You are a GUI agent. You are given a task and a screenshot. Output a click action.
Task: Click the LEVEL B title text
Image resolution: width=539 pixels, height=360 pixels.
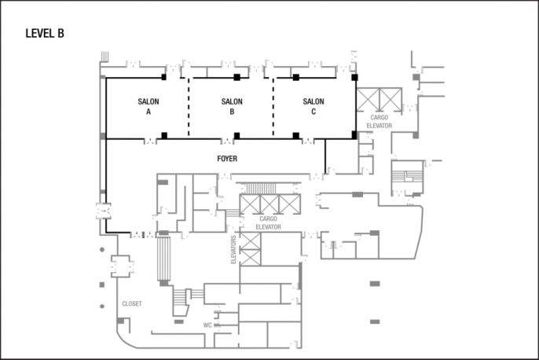click(x=45, y=33)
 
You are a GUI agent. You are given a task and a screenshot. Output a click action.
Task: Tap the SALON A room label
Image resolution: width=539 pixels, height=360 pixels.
click(x=148, y=107)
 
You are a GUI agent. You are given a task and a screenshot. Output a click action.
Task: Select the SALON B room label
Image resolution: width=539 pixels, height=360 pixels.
click(x=232, y=107)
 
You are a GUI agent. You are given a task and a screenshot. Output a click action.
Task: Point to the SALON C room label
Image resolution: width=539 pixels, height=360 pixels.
click(x=313, y=107)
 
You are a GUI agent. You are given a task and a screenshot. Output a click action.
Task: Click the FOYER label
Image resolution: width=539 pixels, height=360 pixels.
click(x=227, y=159)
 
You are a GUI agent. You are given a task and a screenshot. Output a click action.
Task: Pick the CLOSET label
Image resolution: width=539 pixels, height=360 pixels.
click(x=131, y=303)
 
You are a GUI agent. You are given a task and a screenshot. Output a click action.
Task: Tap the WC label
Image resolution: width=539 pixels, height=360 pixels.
click(x=207, y=325)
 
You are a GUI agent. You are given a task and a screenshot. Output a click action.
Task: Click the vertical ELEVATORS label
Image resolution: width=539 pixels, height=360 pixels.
click(x=233, y=248)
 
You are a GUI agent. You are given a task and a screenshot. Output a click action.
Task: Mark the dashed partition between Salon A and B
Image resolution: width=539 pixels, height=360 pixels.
click(x=189, y=108)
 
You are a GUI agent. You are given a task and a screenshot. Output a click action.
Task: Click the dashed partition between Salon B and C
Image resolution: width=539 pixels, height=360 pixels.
click(x=273, y=108)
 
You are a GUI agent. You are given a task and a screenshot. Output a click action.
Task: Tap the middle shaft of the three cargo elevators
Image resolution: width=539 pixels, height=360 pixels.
click(x=270, y=204)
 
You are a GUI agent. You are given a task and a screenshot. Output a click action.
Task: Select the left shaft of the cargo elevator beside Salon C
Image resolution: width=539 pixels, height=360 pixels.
click(x=368, y=99)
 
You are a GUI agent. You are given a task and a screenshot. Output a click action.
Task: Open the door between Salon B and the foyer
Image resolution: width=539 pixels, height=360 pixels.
click(x=227, y=141)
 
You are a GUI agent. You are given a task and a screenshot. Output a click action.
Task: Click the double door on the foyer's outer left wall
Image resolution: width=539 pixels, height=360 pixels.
click(x=101, y=211)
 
